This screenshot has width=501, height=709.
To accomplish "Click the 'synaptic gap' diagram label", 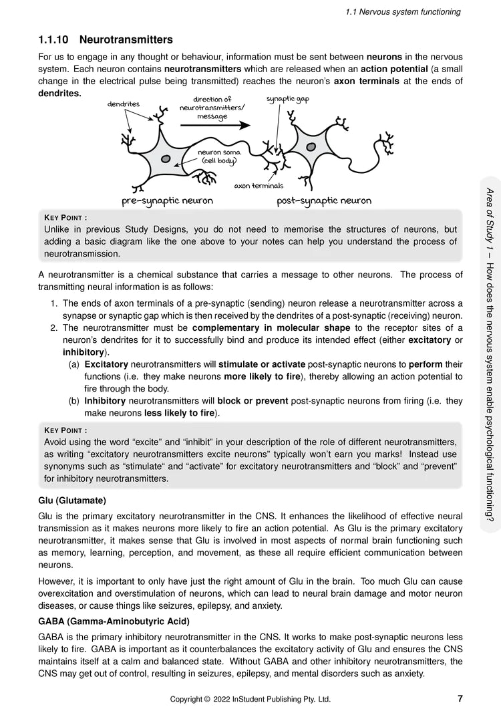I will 287,99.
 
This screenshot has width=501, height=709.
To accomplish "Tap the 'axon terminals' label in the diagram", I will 259,186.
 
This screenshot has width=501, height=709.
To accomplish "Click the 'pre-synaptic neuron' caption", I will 167,200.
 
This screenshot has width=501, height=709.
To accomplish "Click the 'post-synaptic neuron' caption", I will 324,200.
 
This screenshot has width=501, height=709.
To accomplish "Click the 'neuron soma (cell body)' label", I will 218,156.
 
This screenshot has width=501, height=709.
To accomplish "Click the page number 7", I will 460,698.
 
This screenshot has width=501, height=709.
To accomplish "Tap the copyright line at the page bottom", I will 250,699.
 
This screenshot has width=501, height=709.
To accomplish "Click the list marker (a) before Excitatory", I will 74,364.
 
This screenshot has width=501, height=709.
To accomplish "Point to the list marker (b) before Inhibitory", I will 74,401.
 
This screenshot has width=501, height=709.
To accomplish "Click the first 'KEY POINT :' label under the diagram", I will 65,217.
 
